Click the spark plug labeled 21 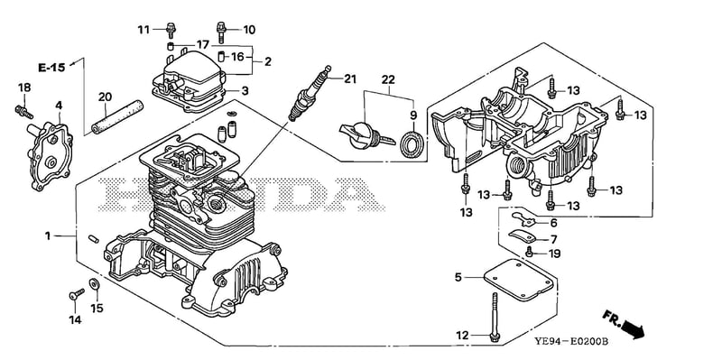[x=310, y=93]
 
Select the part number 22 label [x=388, y=79]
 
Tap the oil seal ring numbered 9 [x=412, y=143]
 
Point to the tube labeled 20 [x=117, y=117]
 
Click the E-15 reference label [x=51, y=68]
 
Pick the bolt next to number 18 [x=24, y=111]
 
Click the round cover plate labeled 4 [x=51, y=155]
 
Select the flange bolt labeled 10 [x=221, y=32]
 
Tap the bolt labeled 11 [x=171, y=30]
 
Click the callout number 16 [x=237, y=57]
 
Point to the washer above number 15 [x=95, y=284]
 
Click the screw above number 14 [x=77, y=294]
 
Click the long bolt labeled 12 [x=495, y=318]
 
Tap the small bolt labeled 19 [x=530, y=252]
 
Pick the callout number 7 [x=553, y=239]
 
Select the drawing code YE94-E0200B [x=571, y=342]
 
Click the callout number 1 [x=48, y=235]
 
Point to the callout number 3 [x=245, y=91]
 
